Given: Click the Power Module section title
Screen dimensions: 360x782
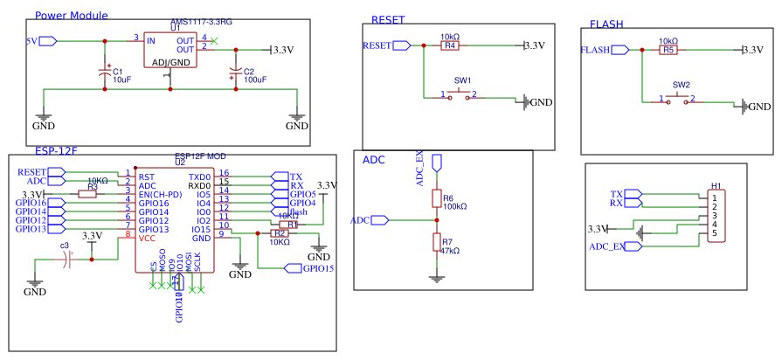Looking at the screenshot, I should click(72, 15).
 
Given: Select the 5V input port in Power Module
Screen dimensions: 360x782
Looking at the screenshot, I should click(47, 40).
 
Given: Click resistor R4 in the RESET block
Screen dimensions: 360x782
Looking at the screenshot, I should click(449, 45).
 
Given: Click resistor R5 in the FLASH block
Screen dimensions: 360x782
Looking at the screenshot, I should click(668, 50).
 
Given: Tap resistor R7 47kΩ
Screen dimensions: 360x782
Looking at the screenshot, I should click(437, 243).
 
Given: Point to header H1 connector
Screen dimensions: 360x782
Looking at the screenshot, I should click(716, 215).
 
